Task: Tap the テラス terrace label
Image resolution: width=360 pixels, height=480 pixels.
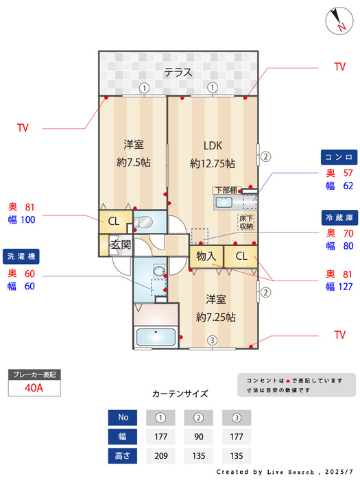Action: click(178, 73)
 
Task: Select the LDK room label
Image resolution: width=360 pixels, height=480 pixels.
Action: click(213, 145)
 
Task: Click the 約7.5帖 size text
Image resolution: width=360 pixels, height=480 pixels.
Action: click(134, 163)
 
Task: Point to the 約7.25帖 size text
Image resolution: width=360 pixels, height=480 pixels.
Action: click(216, 317)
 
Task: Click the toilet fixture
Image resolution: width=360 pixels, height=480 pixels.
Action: click(143, 222)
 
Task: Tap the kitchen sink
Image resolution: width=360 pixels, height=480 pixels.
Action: click(224, 202)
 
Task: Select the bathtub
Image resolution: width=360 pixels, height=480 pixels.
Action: click(156, 337)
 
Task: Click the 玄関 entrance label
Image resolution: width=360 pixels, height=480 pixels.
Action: click(121, 245)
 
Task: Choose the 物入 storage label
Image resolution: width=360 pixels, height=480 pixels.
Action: click(206, 256)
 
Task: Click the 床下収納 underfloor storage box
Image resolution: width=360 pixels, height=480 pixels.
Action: click(245, 222)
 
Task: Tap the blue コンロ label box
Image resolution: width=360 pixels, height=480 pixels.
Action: click(339, 157)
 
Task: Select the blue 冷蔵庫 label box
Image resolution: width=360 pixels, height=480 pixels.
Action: click(339, 217)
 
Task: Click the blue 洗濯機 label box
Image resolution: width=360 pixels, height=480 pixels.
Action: click(21, 256)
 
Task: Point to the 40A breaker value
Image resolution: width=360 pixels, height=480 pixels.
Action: click(34, 388)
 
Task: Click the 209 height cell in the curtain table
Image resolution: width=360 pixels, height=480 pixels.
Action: click(160, 456)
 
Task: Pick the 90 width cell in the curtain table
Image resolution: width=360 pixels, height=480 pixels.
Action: click(199, 437)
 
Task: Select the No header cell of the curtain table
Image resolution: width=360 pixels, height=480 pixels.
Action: click(123, 418)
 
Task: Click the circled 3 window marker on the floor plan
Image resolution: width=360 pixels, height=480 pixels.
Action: click(212, 340)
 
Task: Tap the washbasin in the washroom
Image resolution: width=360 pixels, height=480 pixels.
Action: click(159, 271)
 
